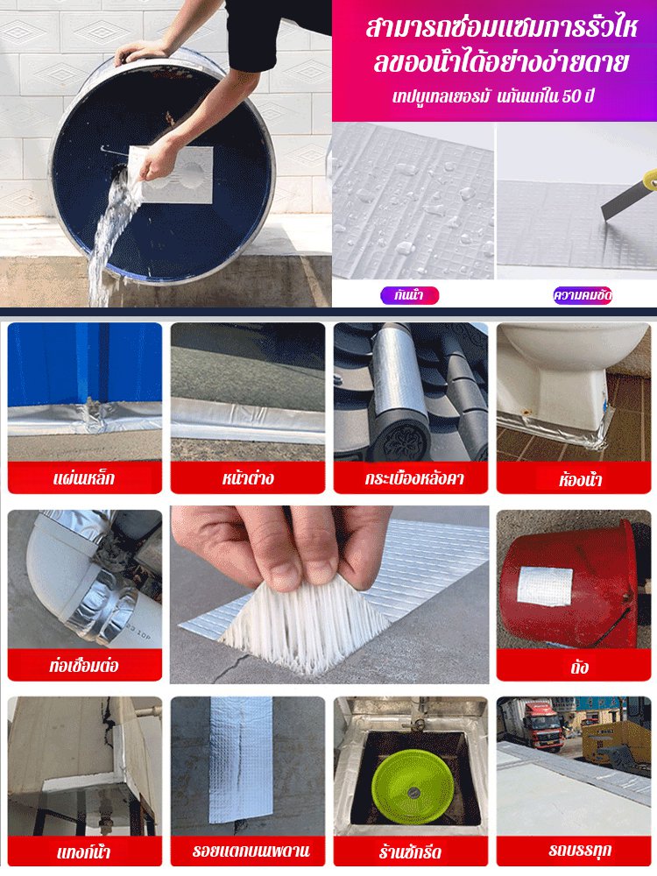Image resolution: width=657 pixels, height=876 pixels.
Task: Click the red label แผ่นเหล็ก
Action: [x=84, y=477]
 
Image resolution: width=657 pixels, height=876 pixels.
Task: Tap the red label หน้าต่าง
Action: [x=248, y=477]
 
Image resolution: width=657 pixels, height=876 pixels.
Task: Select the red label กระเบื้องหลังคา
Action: [x=411, y=477]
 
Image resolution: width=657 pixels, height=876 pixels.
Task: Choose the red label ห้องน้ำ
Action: [x=574, y=478]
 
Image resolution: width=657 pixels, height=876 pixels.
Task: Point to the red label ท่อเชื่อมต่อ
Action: [x=84, y=665]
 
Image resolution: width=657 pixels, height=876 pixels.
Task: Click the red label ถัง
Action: [x=574, y=666]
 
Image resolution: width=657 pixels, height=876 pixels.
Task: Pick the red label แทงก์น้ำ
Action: [x=84, y=851]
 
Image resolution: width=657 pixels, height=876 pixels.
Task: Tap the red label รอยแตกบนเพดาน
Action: [x=248, y=851]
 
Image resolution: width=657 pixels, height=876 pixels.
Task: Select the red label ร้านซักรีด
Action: [x=411, y=851]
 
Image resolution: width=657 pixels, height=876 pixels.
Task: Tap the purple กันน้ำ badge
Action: [x=409, y=295]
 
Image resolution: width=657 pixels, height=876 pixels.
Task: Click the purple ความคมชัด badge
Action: [x=583, y=295]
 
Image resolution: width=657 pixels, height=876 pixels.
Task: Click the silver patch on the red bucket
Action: [x=545, y=586]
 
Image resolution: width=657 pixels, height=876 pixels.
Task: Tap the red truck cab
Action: [x=533, y=724]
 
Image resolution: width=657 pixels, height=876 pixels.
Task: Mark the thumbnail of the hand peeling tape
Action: [x=329, y=595]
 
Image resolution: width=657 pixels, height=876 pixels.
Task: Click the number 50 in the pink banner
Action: [x=570, y=96]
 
